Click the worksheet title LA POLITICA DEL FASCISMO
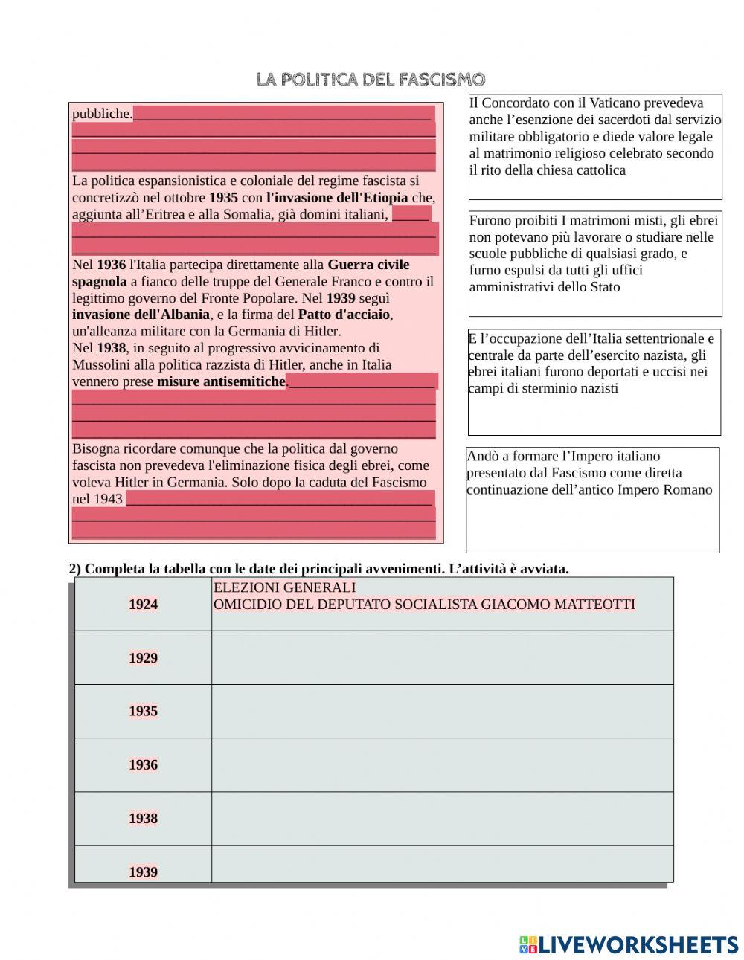pos(371,79)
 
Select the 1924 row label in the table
pos(143,605)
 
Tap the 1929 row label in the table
pos(143,658)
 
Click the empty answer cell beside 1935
pos(442,712)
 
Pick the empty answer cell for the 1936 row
pos(442,765)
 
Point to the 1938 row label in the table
pos(143,819)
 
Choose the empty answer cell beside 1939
pos(442,864)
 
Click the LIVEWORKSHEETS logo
pos(629,944)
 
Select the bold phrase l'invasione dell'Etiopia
pos(337,198)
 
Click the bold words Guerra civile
pos(368,265)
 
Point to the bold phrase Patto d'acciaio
pos(344,315)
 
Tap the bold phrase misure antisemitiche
pos(221,381)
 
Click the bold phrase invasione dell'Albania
pos(141,315)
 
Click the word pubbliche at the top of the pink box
pos(102,114)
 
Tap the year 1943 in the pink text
pos(108,499)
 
